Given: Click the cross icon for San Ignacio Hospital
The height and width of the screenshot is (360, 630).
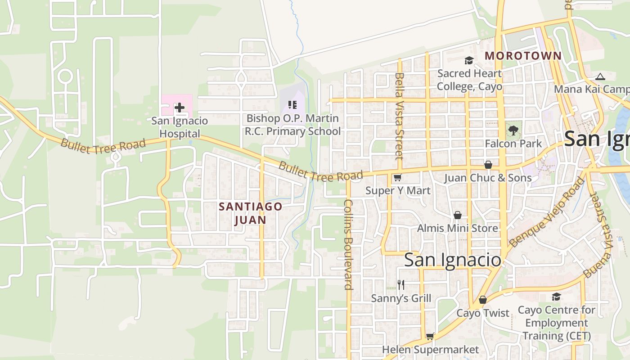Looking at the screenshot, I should pos(180,107).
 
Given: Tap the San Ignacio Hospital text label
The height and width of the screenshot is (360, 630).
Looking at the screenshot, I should pos(180,127).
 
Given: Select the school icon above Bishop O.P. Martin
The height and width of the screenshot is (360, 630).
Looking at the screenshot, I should pos(292,105).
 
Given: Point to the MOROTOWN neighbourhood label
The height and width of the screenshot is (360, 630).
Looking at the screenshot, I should pos(523,56).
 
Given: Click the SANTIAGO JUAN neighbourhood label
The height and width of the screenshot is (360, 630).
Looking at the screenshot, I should pos(251,213).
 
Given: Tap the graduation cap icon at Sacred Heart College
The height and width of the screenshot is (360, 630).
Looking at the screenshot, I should pos(469,60).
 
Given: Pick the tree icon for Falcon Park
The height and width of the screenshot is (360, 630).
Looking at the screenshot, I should pos(513,130).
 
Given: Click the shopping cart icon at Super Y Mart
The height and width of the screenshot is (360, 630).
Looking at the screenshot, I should pos(397,178).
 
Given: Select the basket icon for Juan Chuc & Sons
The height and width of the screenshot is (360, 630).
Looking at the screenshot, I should pos(488,165).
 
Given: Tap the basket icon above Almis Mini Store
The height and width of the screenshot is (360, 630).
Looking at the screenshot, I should pos(458,215).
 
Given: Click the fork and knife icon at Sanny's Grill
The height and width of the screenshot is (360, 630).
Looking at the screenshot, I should pos(401,284).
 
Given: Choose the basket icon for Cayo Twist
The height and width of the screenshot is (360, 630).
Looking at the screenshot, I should pos(483,300).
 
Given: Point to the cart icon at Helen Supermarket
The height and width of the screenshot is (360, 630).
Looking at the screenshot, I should pos(430,336).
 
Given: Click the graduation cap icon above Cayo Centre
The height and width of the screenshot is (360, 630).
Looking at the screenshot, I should pos(556,297).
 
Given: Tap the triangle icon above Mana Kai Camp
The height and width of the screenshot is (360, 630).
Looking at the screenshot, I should pos(600,76).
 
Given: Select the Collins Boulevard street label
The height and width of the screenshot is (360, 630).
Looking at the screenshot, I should pos(348,244).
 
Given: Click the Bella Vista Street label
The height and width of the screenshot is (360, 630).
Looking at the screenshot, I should pos(399,116).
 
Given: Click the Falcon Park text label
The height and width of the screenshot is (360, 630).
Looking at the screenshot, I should pos(513,144).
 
